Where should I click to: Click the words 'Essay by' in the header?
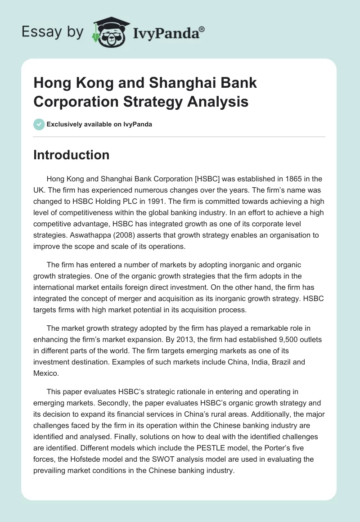(x=52, y=32)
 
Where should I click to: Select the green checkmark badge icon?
(x=39, y=124)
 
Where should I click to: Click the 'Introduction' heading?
(x=72, y=155)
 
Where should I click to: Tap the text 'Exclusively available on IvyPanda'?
(x=99, y=124)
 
